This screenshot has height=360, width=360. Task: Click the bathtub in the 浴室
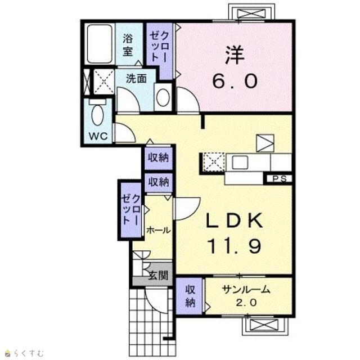[x=100, y=44]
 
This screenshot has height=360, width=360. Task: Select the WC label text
[x=98, y=136]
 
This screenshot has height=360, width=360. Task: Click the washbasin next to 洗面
[x=163, y=97]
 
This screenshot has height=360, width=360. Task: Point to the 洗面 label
[x=136, y=79]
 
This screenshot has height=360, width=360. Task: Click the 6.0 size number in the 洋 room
[x=235, y=81]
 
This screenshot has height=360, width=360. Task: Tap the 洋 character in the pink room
[x=235, y=55]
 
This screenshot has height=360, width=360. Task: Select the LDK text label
[x=234, y=220]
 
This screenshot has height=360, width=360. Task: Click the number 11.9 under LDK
[x=234, y=246]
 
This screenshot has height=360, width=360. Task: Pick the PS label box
[x=279, y=179]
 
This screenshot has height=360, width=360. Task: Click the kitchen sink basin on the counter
[x=240, y=163]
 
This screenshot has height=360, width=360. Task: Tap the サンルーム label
[x=246, y=290]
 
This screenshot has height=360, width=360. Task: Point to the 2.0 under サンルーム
[x=246, y=303]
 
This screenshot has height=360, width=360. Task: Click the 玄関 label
[x=159, y=275]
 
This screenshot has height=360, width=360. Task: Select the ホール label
[x=159, y=230]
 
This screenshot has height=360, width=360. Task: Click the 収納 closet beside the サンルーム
[x=190, y=296]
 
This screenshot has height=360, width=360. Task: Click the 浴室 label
[x=128, y=45]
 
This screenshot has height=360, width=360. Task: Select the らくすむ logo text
[x=29, y=353]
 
